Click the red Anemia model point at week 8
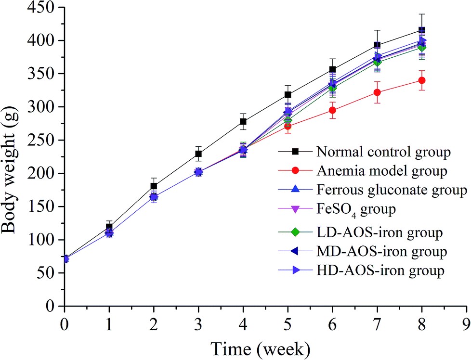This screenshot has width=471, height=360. pos(422,80)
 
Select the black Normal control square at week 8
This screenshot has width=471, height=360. pos(422,30)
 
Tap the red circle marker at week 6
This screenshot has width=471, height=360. pos(332,110)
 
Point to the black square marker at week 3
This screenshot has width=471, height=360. pos(198,154)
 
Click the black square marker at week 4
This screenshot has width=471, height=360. pos(243,122)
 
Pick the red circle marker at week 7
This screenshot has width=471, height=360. pos(377,92)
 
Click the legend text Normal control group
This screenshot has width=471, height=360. pos(384,152)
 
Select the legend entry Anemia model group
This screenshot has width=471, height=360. pos(382,170)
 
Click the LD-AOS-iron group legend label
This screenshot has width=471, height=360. pos(380,232)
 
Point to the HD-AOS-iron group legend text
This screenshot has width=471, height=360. pos(380,270)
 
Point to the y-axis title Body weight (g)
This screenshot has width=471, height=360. pos(12,157)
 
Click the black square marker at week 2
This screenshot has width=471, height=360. pos(154,186)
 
